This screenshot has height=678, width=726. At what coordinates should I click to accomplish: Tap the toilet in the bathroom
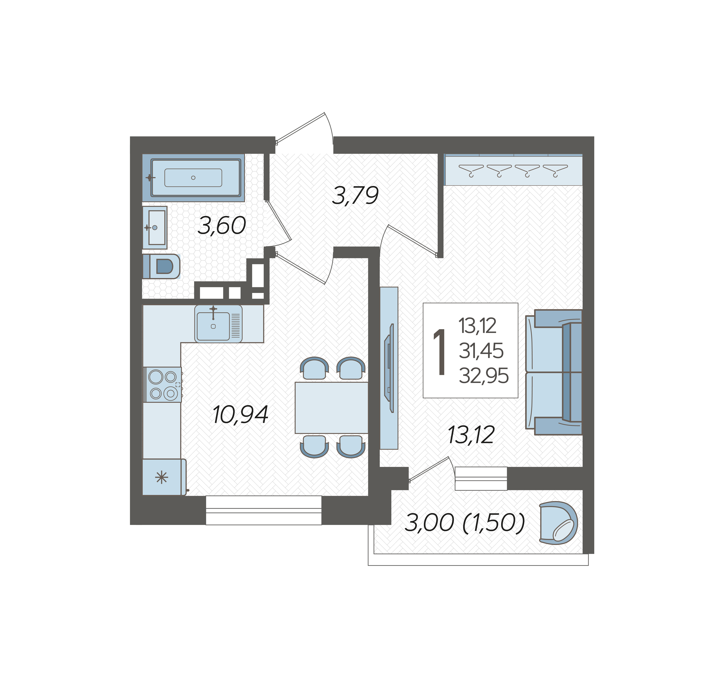161,266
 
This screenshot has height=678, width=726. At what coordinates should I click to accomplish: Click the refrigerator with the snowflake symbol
164,477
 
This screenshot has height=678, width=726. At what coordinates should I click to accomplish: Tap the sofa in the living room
554,372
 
